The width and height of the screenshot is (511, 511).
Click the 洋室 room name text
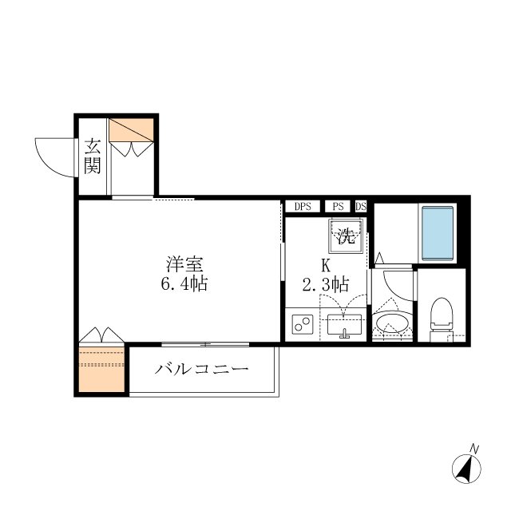[x=181, y=263]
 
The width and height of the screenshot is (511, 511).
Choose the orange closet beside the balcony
[x=101, y=368]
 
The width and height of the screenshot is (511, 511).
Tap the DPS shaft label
[x=303, y=207]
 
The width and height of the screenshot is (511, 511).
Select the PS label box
[x=339, y=207]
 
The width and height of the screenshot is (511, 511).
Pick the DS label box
[x=360, y=207]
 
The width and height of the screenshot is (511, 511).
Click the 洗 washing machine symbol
[x=345, y=236]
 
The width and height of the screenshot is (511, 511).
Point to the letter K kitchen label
[x=326, y=265]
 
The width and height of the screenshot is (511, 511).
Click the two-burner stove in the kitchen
[x=302, y=324]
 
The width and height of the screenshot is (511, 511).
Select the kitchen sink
[x=345, y=326]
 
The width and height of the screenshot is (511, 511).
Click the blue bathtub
[x=437, y=232]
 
